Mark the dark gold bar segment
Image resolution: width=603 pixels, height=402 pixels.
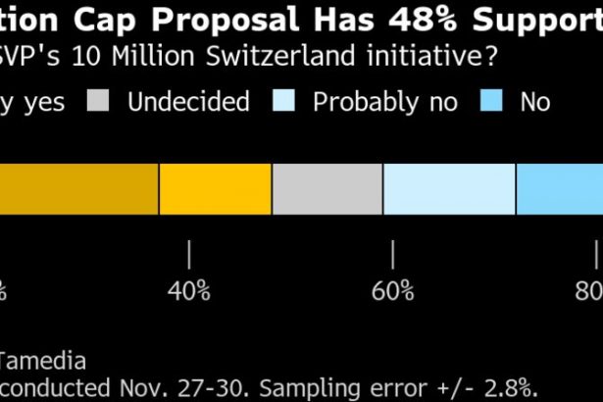point(78,188)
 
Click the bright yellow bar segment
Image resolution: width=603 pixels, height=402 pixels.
point(215,188)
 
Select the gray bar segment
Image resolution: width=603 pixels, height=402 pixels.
point(327,188)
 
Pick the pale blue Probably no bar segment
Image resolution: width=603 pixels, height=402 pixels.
point(449,188)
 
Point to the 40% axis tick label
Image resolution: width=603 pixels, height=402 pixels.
point(189,291)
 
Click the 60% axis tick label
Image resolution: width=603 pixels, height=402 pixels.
point(393,291)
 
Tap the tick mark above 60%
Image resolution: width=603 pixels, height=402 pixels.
point(393,255)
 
